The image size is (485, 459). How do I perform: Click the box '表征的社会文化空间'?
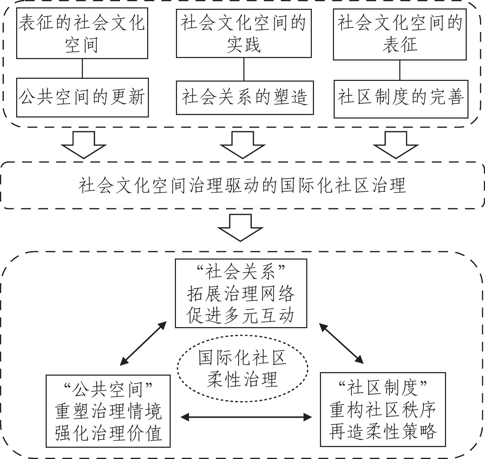point(82,34)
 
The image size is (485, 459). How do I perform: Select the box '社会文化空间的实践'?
point(244,33)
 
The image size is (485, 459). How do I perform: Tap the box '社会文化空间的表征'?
point(400,34)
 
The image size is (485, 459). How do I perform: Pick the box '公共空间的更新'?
point(82,97)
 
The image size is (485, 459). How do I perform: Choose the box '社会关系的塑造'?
point(244,97)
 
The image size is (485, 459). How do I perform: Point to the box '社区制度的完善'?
point(401,99)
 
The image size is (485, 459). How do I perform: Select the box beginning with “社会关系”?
point(241,293)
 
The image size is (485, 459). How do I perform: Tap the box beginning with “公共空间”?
point(108,411)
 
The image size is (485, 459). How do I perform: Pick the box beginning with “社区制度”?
point(383,409)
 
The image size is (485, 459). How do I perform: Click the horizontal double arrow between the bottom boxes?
point(246,417)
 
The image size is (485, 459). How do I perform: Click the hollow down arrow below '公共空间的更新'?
point(83,145)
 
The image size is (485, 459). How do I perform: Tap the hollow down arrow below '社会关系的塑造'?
point(242,145)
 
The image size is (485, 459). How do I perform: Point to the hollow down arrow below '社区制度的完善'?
point(396,145)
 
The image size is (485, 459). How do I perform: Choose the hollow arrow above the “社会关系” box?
point(241,228)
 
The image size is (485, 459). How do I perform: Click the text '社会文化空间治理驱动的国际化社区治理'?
point(242,185)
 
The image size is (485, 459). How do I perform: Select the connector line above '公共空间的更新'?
point(82,68)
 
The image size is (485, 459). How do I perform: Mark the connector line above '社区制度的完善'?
point(400,70)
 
